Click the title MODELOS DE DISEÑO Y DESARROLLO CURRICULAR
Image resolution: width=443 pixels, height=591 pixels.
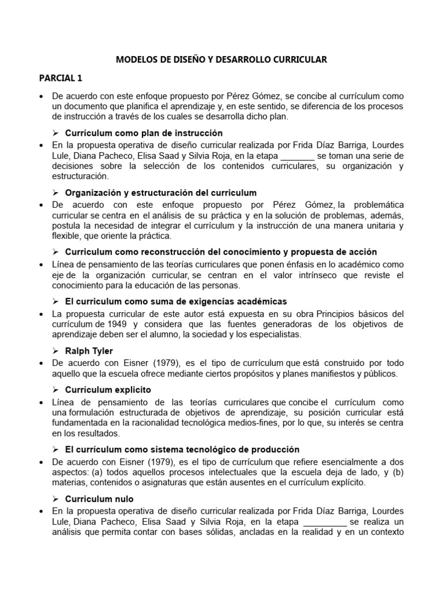(x=221, y=59)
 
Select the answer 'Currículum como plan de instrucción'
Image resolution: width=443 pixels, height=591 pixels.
(x=144, y=132)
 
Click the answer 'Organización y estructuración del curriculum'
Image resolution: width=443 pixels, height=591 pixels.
(x=161, y=192)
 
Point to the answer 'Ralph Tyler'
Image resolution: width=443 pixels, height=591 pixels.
(x=89, y=350)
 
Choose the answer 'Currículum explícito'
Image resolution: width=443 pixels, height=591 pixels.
(x=108, y=390)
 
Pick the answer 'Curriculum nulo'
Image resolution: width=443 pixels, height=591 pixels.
(x=99, y=498)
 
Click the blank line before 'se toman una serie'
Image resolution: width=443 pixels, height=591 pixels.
(x=298, y=156)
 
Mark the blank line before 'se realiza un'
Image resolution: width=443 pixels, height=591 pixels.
(x=325, y=522)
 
